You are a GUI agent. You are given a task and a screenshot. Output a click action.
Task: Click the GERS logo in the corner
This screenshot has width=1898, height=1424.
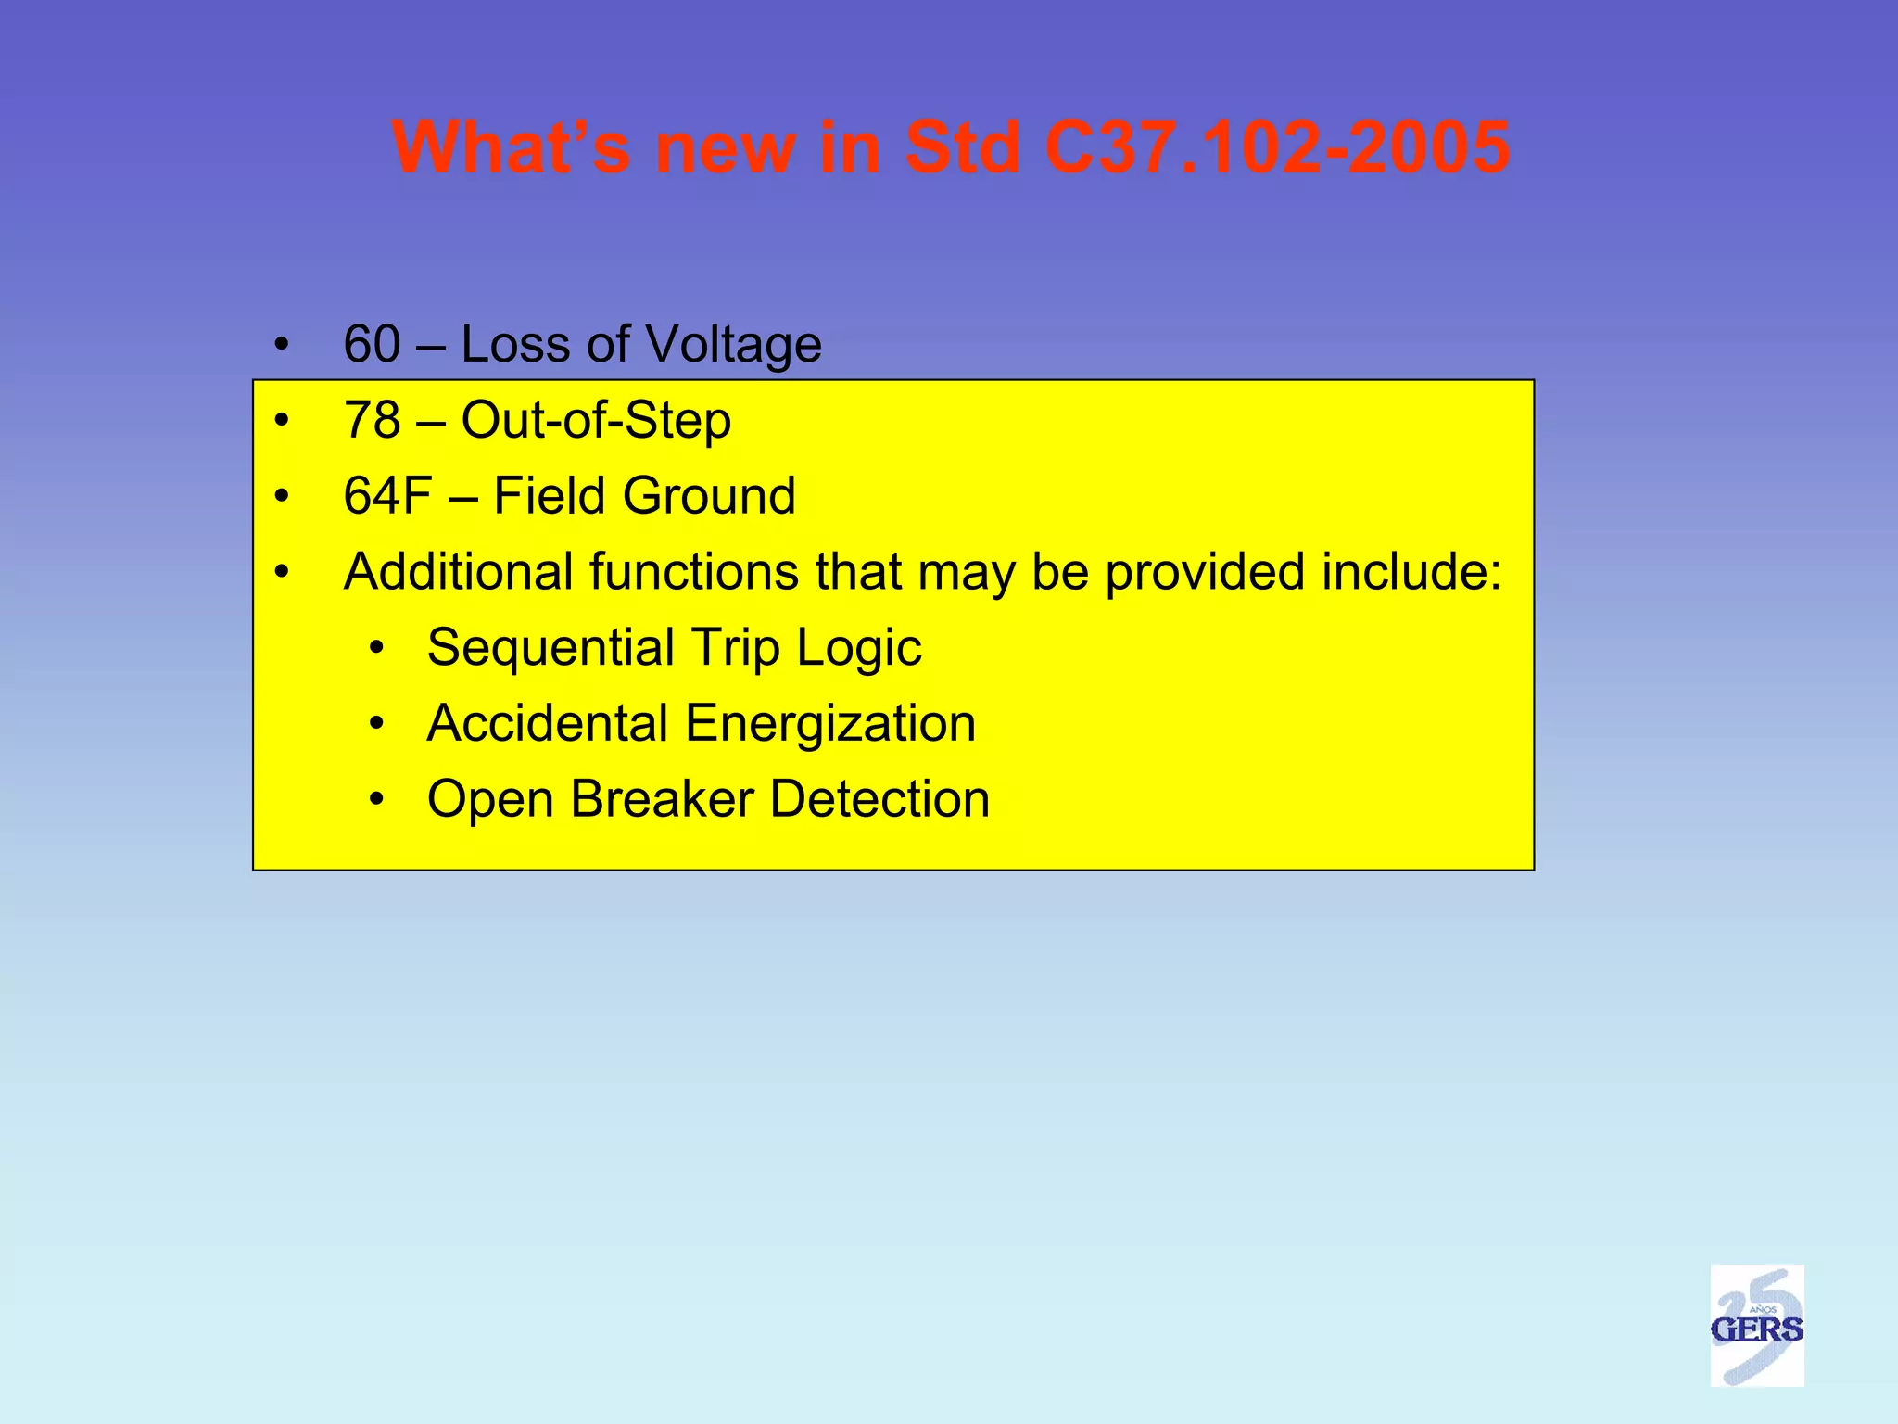pos(1756,1325)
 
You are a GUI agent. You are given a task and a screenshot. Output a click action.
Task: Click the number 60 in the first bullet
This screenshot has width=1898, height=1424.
pos(372,344)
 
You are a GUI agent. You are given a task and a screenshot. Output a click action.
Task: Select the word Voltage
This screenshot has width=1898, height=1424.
pos(733,344)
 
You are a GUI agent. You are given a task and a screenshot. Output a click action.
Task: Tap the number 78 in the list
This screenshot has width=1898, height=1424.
pos(372,420)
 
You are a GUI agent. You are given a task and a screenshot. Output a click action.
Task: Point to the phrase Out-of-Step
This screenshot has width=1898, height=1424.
pos(596,420)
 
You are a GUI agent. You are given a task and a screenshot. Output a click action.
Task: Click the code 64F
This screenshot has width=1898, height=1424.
pos(387,496)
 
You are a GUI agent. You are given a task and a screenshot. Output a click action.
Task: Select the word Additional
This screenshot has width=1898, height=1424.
pos(458,572)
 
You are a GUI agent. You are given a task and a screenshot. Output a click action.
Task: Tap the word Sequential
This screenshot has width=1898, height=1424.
pos(550,648)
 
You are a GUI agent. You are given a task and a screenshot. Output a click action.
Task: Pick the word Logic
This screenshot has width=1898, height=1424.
pos(859,648)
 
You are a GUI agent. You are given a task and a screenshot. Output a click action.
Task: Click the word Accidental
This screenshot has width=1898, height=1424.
pos(547,724)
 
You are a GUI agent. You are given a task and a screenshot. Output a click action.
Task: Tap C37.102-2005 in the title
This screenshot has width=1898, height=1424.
pos(1277,147)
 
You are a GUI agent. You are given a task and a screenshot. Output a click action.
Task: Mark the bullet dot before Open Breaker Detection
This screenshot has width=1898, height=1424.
pos(375,800)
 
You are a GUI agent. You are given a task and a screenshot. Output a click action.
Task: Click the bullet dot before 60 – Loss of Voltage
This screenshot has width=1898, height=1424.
pos(282,346)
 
